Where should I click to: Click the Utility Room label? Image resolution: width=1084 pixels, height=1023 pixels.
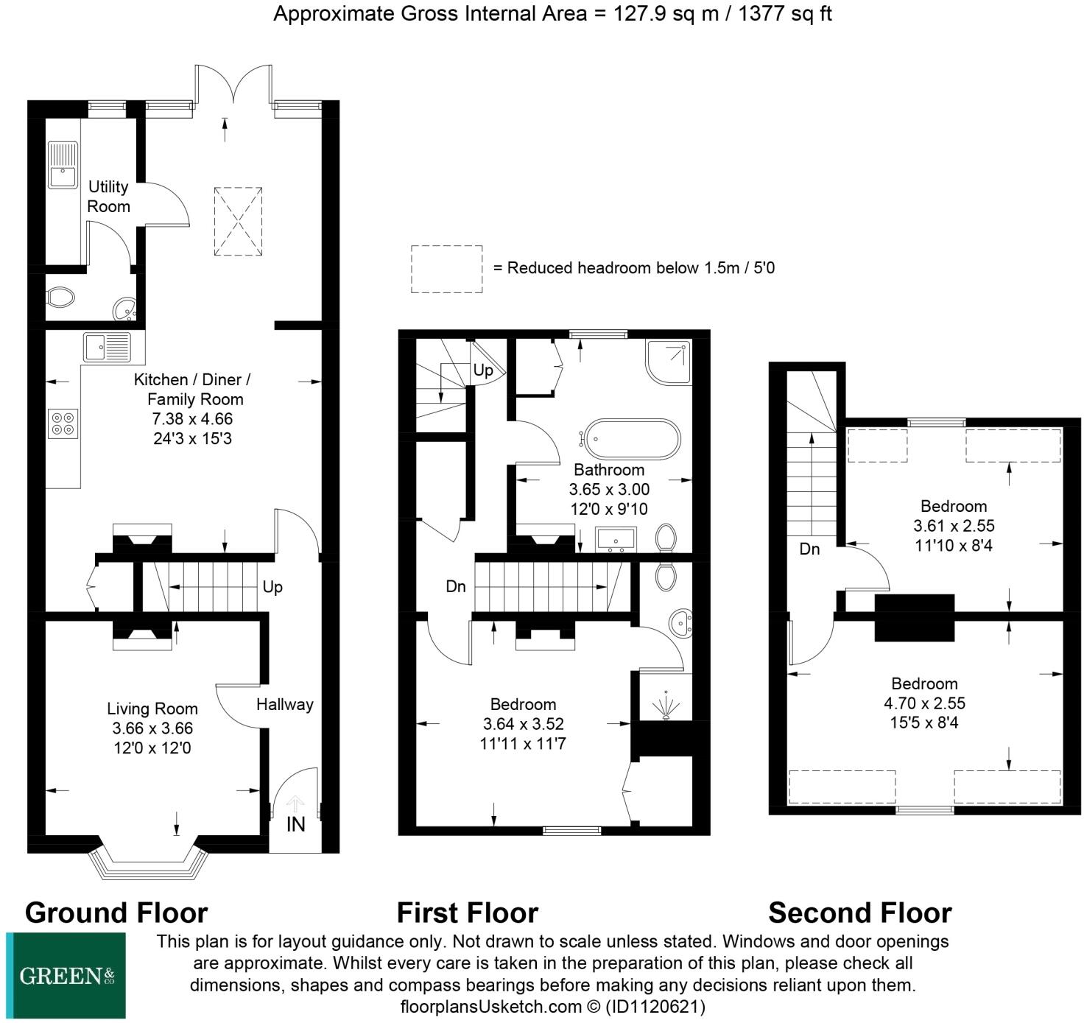tap(108, 197)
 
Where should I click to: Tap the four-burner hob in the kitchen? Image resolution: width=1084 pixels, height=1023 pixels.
tap(63, 423)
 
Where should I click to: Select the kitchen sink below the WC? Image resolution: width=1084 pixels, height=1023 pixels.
tap(107, 347)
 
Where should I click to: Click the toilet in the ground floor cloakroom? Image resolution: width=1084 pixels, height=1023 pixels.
tap(60, 298)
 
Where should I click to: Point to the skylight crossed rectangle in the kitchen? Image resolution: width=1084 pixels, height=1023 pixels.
tap(238, 221)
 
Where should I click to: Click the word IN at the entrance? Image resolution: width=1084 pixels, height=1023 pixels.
tap(296, 824)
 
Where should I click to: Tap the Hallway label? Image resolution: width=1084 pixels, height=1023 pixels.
tap(285, 704)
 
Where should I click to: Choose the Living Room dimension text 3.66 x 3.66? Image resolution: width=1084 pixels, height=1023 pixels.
tap(152, 728)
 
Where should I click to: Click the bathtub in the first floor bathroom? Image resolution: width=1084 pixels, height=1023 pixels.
tap(632, 439)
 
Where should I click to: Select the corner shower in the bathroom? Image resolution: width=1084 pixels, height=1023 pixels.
tap(669, 362)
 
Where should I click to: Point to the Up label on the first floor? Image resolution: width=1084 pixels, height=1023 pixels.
tap(483, 370)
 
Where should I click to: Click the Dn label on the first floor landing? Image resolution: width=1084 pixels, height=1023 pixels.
tap(456, 586)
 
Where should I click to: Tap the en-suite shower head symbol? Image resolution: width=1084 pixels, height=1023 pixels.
tap(666, 706)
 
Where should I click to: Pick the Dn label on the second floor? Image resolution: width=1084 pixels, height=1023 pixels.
tap(809, 549)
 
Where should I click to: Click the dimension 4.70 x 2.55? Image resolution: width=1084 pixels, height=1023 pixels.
tap(925, 703)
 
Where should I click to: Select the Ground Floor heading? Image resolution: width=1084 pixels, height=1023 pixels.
tap(116, 913)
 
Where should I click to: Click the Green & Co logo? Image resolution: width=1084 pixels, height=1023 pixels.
tap(66, 976)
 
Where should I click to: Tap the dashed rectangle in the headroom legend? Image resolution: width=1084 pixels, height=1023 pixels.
tap(446, 269)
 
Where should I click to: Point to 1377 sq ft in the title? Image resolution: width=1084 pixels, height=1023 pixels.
tap(785, 13)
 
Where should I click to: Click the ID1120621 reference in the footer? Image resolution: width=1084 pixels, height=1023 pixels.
tap(655, 1006)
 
